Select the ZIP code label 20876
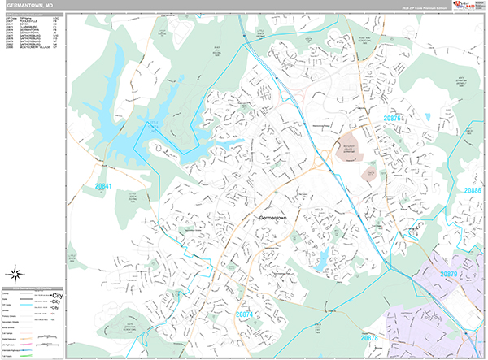coord(394,118)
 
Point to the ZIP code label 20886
coord(473,189)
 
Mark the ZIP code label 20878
coord(369,337)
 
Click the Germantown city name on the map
coord(279,219)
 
